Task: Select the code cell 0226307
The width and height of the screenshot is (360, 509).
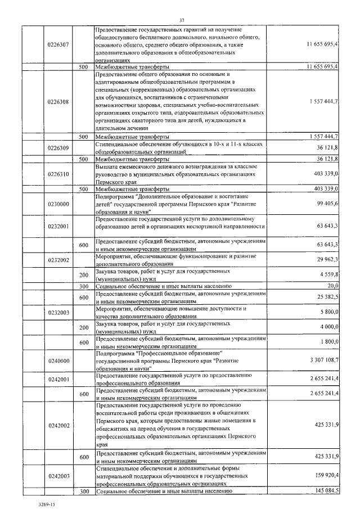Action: [58, 44]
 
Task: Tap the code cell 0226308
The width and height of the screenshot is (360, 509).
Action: [58, 102]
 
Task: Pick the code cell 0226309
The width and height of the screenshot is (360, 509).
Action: [58, 148]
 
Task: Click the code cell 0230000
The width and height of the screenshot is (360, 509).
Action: [58, 204]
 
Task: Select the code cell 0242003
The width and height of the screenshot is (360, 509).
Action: [58, 476]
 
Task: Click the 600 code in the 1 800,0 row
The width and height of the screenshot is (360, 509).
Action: [84, 343]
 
